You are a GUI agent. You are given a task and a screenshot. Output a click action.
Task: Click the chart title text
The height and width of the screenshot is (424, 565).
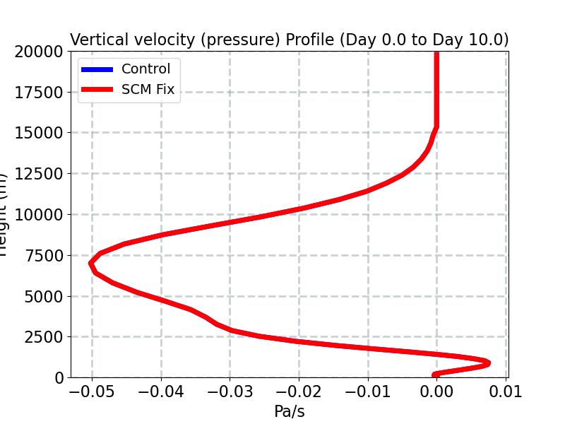pyautogui.click(x=289, y=40)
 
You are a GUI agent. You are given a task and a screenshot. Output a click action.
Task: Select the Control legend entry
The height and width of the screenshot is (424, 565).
pyautogui.click(x=145, y=69)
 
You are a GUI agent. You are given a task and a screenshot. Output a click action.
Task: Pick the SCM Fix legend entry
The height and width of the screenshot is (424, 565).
pyautogui.click(x=148, y=90)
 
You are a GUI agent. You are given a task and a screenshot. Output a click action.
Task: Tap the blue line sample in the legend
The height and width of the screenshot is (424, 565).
pyautogui.click(x=97, y=69)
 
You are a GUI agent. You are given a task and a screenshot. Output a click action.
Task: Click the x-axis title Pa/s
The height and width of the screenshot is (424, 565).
pyautogui.click(x=289, y=411)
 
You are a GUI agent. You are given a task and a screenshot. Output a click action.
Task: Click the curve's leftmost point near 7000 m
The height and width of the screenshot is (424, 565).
pyautogui.click(x=92, y=263)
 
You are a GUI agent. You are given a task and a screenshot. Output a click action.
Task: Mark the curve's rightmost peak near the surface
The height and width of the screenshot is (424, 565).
pyautogui.click(x=487, y=363)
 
